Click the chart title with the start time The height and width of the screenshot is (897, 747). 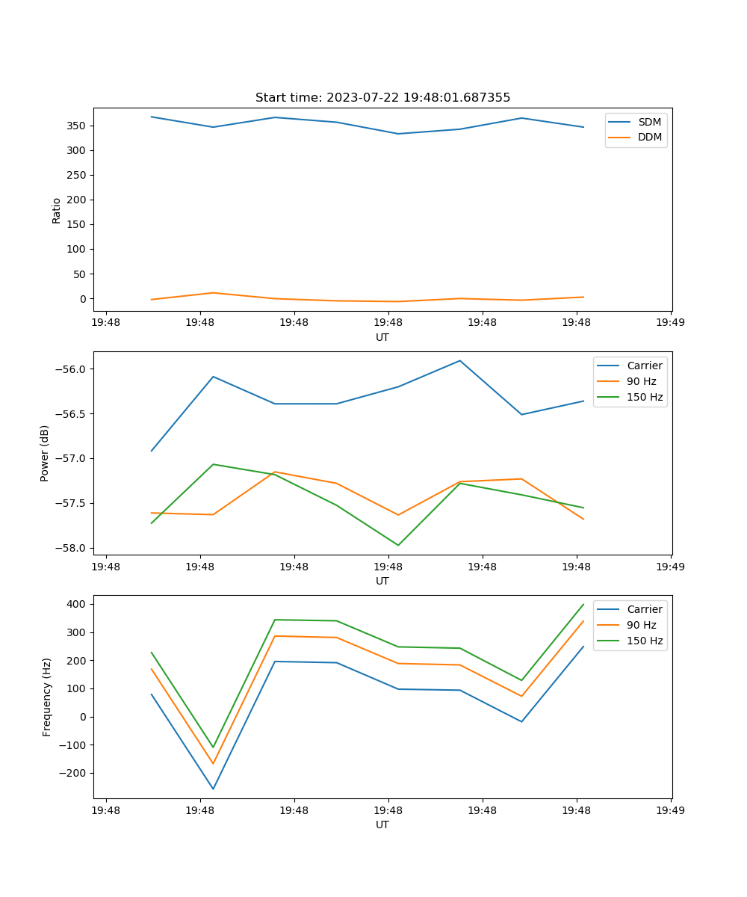pyautogui.click(x=382, y=98)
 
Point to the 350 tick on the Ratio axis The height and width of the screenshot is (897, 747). pyautogui.click(x=77, y=126)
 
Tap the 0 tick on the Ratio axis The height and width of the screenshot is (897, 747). pyautogui.click(x=83, y=299)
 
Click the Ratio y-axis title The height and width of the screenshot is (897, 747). pyautogui.click(x=57, y=210)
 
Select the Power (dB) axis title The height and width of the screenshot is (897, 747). pyautogui.click(x=45, y=453)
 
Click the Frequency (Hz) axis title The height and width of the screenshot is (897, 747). pyautogui.click(x=46, y=697)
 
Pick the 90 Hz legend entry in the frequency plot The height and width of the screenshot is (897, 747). pyautogui.click(x=641, y=625)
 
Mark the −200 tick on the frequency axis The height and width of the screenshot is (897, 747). pyautogui.click(x=73, y=773)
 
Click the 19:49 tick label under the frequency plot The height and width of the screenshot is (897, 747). pyautogui.click(x=670, y=810)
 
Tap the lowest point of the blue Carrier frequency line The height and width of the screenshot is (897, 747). pyautogui.click(x=213, y=789)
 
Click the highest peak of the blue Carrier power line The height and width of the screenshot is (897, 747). pyautogui.click(x=460, y=361)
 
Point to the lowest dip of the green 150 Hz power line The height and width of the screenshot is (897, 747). pyautogui.click(x=398, y=545)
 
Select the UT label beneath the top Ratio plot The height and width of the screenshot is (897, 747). pyautogui.click(x=382, y=337)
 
